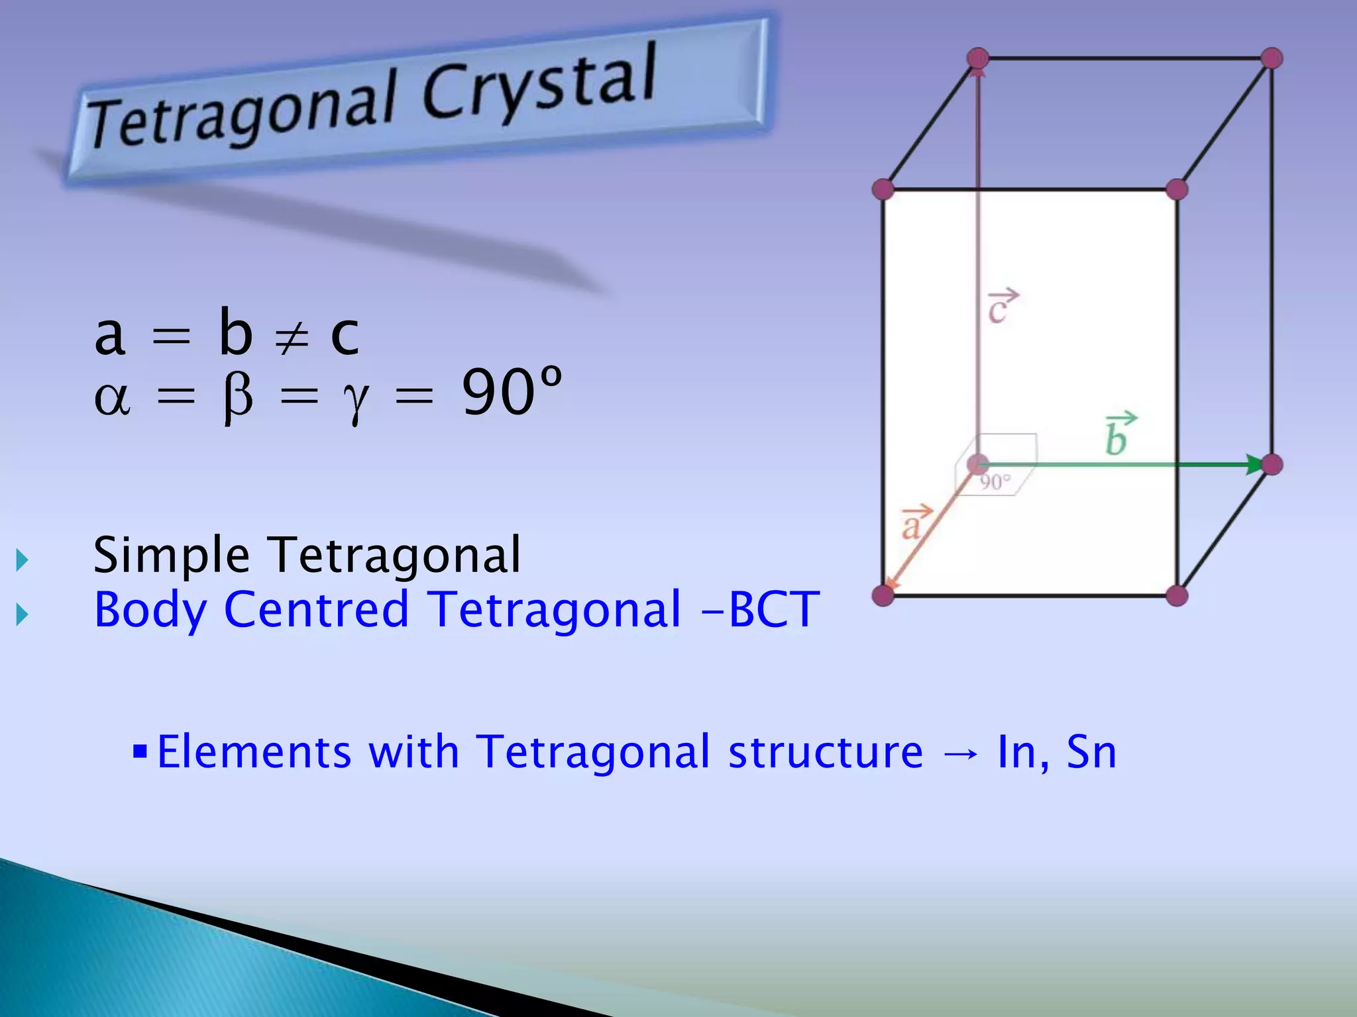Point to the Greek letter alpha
[112, 399]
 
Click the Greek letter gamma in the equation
[356, 401]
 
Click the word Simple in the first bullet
[171, 556]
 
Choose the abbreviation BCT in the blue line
[774, 610]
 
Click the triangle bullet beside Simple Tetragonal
[23, 560]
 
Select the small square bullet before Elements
[139, 751]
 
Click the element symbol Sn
[1091, 753]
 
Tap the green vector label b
[1118, 436]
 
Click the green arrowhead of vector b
[1254, 464]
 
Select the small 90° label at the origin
[995, 482]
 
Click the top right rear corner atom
[1272, 58]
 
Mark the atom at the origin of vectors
[978, 464]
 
